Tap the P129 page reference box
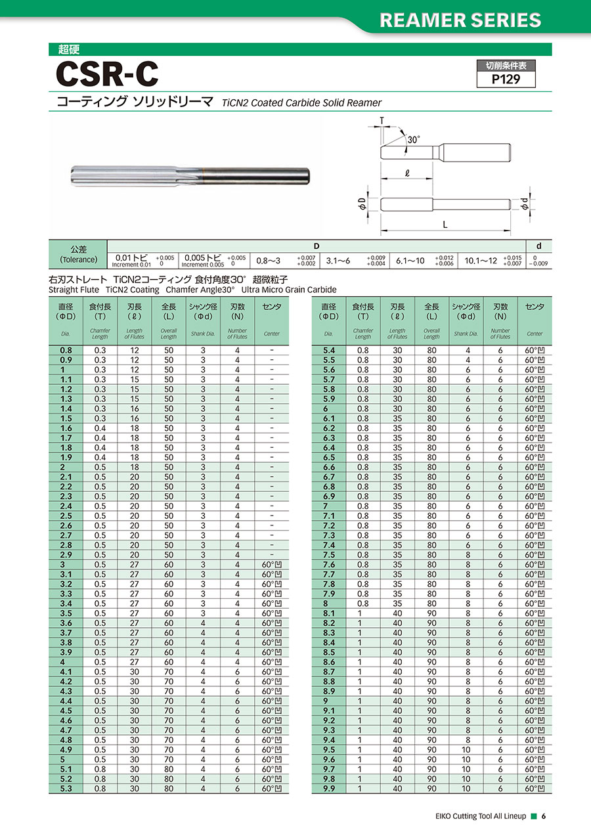pyautogui.click(x=506, y=79)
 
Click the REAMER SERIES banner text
pyautogui.click(x=461, y=20)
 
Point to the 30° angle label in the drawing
pyautogui.click(x=413, y=140)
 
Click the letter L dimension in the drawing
pyautogui.click(x=445, y=225)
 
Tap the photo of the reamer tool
pyautogui.click(x=190, y=175)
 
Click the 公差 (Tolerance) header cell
pyautogui.click(x=78, y=254)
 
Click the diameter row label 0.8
pyautogui.click(x=66, y=350)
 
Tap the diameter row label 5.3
pyautogui.click(x=66, y=788)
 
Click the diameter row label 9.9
pyautogui.click(x=329, y=788)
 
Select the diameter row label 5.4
pyautogui.click(x=329, y=350)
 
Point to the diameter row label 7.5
pyautogui.click(x=329, y=554)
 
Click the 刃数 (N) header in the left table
pyautogui.click(x=237, y=311)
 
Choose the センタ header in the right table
pyautogui.click(x=535, y=307)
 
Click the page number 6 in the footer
pyautogui.click(x=544, y=816)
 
